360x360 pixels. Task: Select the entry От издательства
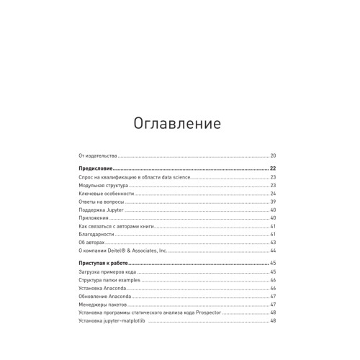click(x=97, y=156)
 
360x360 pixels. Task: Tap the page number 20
click(x=274, y=156)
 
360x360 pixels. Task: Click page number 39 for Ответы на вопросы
click(x=274, y=202)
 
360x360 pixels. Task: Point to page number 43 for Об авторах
click(x=274, y=243)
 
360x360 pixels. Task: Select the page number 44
click(x=274, y=251)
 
